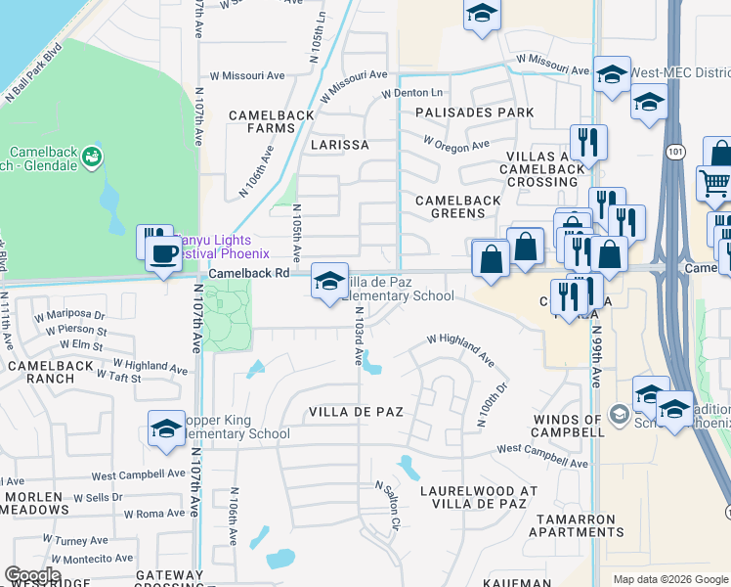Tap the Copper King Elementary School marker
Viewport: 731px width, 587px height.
tap(166, 428)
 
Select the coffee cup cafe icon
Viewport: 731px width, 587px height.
tap(163, 253)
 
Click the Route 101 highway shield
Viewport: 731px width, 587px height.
tap(676, 152)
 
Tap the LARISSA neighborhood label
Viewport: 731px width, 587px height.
tap(339, 145)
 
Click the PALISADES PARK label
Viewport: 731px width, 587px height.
tap(474, 113)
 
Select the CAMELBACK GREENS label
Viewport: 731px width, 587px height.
tap(458, 206)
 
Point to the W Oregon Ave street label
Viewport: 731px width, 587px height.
tap(456, 143)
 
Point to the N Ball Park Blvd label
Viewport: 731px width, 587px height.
tap(33, 72)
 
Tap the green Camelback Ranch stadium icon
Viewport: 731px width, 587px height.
tap(92, 156)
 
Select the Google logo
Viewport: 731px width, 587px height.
tap(32, 575)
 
